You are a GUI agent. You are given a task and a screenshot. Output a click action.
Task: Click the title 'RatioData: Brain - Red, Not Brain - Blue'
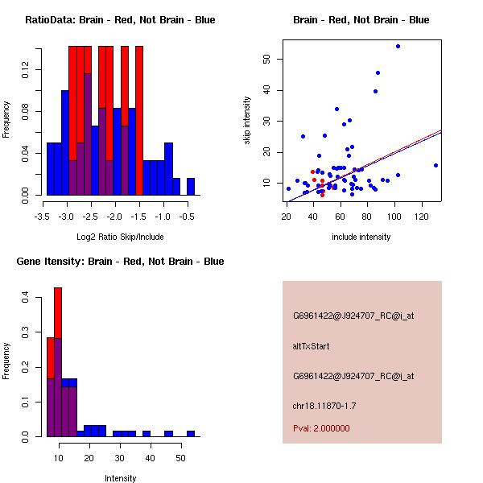[x=120, y=20]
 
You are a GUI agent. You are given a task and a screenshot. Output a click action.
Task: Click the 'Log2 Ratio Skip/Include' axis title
[x=120, y=236]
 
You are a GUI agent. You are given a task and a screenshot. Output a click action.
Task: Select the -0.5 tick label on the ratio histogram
[x=187, y=217]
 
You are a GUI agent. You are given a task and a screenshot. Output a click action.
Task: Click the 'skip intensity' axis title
[x=247, y=121]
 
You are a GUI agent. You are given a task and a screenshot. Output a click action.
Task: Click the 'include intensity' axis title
[x=361, y=237]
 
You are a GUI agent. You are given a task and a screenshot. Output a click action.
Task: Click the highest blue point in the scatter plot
[x=398, y=46]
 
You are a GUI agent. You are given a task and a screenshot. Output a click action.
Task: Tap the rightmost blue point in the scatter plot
[x=436, y=165]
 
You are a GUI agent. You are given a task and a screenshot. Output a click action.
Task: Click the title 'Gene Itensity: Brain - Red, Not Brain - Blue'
[x=120, y=262]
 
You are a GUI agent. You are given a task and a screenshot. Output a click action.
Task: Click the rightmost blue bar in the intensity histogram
[x=191, y=433]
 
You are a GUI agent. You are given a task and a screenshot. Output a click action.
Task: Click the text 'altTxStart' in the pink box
[x=311, y=346]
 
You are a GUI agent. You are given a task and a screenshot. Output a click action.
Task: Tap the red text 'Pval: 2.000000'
[x=321, y=428]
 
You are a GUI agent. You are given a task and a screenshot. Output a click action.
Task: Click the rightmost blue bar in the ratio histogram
[x=191, y=186]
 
